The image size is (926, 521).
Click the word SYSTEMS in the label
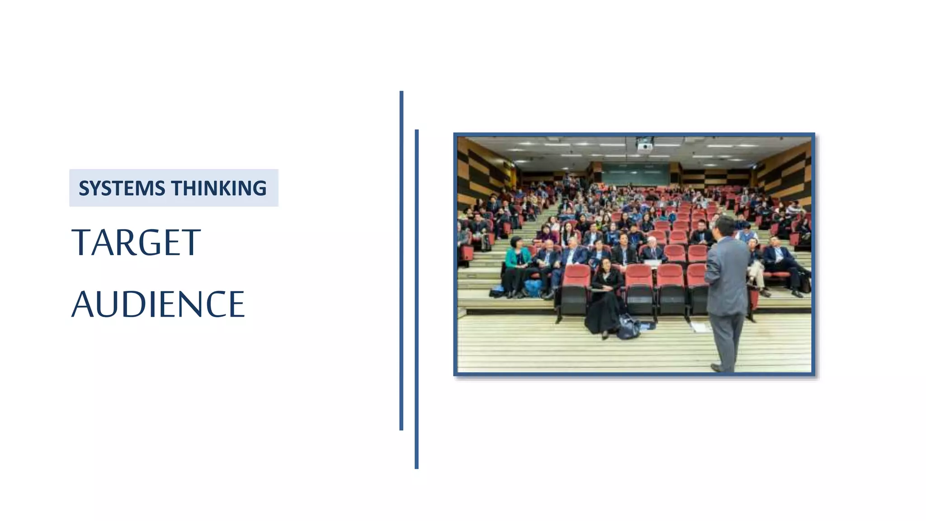click(x=122, y=188)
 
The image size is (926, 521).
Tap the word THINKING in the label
click(x=219, y=188)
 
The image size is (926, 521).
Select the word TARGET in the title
click(x=136, y=243)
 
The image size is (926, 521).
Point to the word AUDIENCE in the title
click(x=158, y=304)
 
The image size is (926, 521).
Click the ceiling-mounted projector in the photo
click(x=645, y=145)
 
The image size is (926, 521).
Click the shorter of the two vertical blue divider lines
click(x=402, y=260)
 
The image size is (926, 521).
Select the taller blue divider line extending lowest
click(x=416, y=298)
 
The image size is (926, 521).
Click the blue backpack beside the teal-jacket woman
click(x=534, y=288)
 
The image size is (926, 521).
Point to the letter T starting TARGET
click(x=81, y=243)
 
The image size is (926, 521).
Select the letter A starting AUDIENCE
click(x=83, y=304)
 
